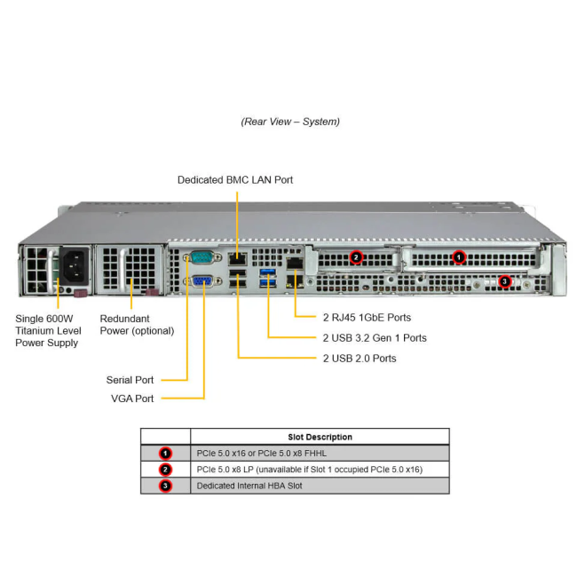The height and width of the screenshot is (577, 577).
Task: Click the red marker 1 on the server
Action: [x=459, y=257]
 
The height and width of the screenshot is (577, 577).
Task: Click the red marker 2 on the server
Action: [x=356, y=257]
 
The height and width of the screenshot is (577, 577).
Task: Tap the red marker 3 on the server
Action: [x=505, y=282]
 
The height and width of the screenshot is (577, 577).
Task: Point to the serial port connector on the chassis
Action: [x=201, y=258]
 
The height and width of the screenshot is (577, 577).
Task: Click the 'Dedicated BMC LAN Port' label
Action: [x=234, y=180]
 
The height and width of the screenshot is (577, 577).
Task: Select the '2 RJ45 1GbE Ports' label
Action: [x=366, y=317]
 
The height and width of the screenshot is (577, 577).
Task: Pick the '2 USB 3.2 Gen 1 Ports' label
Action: [x=374, y=337]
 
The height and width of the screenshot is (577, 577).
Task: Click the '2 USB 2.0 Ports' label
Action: [x=359, y=358]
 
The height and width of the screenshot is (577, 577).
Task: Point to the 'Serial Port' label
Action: [x=130, y=380]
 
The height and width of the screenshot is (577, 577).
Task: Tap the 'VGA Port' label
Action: [x=131, y=399]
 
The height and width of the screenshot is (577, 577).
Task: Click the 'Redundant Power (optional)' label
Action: [x=136, y=325]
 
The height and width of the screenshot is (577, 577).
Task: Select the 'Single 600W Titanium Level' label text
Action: [x=48, y=330]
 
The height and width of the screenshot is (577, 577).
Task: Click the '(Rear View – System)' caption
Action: [x=289, y=122]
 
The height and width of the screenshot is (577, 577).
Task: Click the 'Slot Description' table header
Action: [x=320, y=437]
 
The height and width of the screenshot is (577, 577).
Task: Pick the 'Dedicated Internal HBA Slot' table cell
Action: [x=249, y=486]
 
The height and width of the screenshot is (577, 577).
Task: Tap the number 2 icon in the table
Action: [x=165, y=470]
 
